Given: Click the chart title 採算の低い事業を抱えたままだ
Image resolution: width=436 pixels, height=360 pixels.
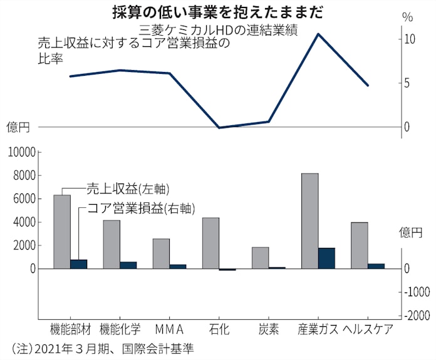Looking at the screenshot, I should click(x=218, y=11).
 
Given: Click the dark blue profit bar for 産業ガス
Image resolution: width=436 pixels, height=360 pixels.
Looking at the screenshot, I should click(x=326, y=258).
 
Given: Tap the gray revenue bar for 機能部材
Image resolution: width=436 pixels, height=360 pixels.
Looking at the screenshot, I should click(x=62, y=232).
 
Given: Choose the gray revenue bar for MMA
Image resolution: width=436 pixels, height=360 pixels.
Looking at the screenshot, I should click(x=161, y=254).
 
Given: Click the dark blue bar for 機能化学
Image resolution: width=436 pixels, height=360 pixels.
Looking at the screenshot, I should click(x=128, y=265).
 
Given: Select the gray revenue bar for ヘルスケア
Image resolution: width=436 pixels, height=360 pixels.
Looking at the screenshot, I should click(x=359, y=245).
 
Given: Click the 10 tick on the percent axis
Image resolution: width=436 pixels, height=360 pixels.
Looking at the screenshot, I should click(x=408, y=39).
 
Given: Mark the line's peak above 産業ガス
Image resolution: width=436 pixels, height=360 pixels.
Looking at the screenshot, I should click(x=318, y=34).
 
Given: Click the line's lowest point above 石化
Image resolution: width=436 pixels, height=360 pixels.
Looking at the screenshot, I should click(x=219, y=128).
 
